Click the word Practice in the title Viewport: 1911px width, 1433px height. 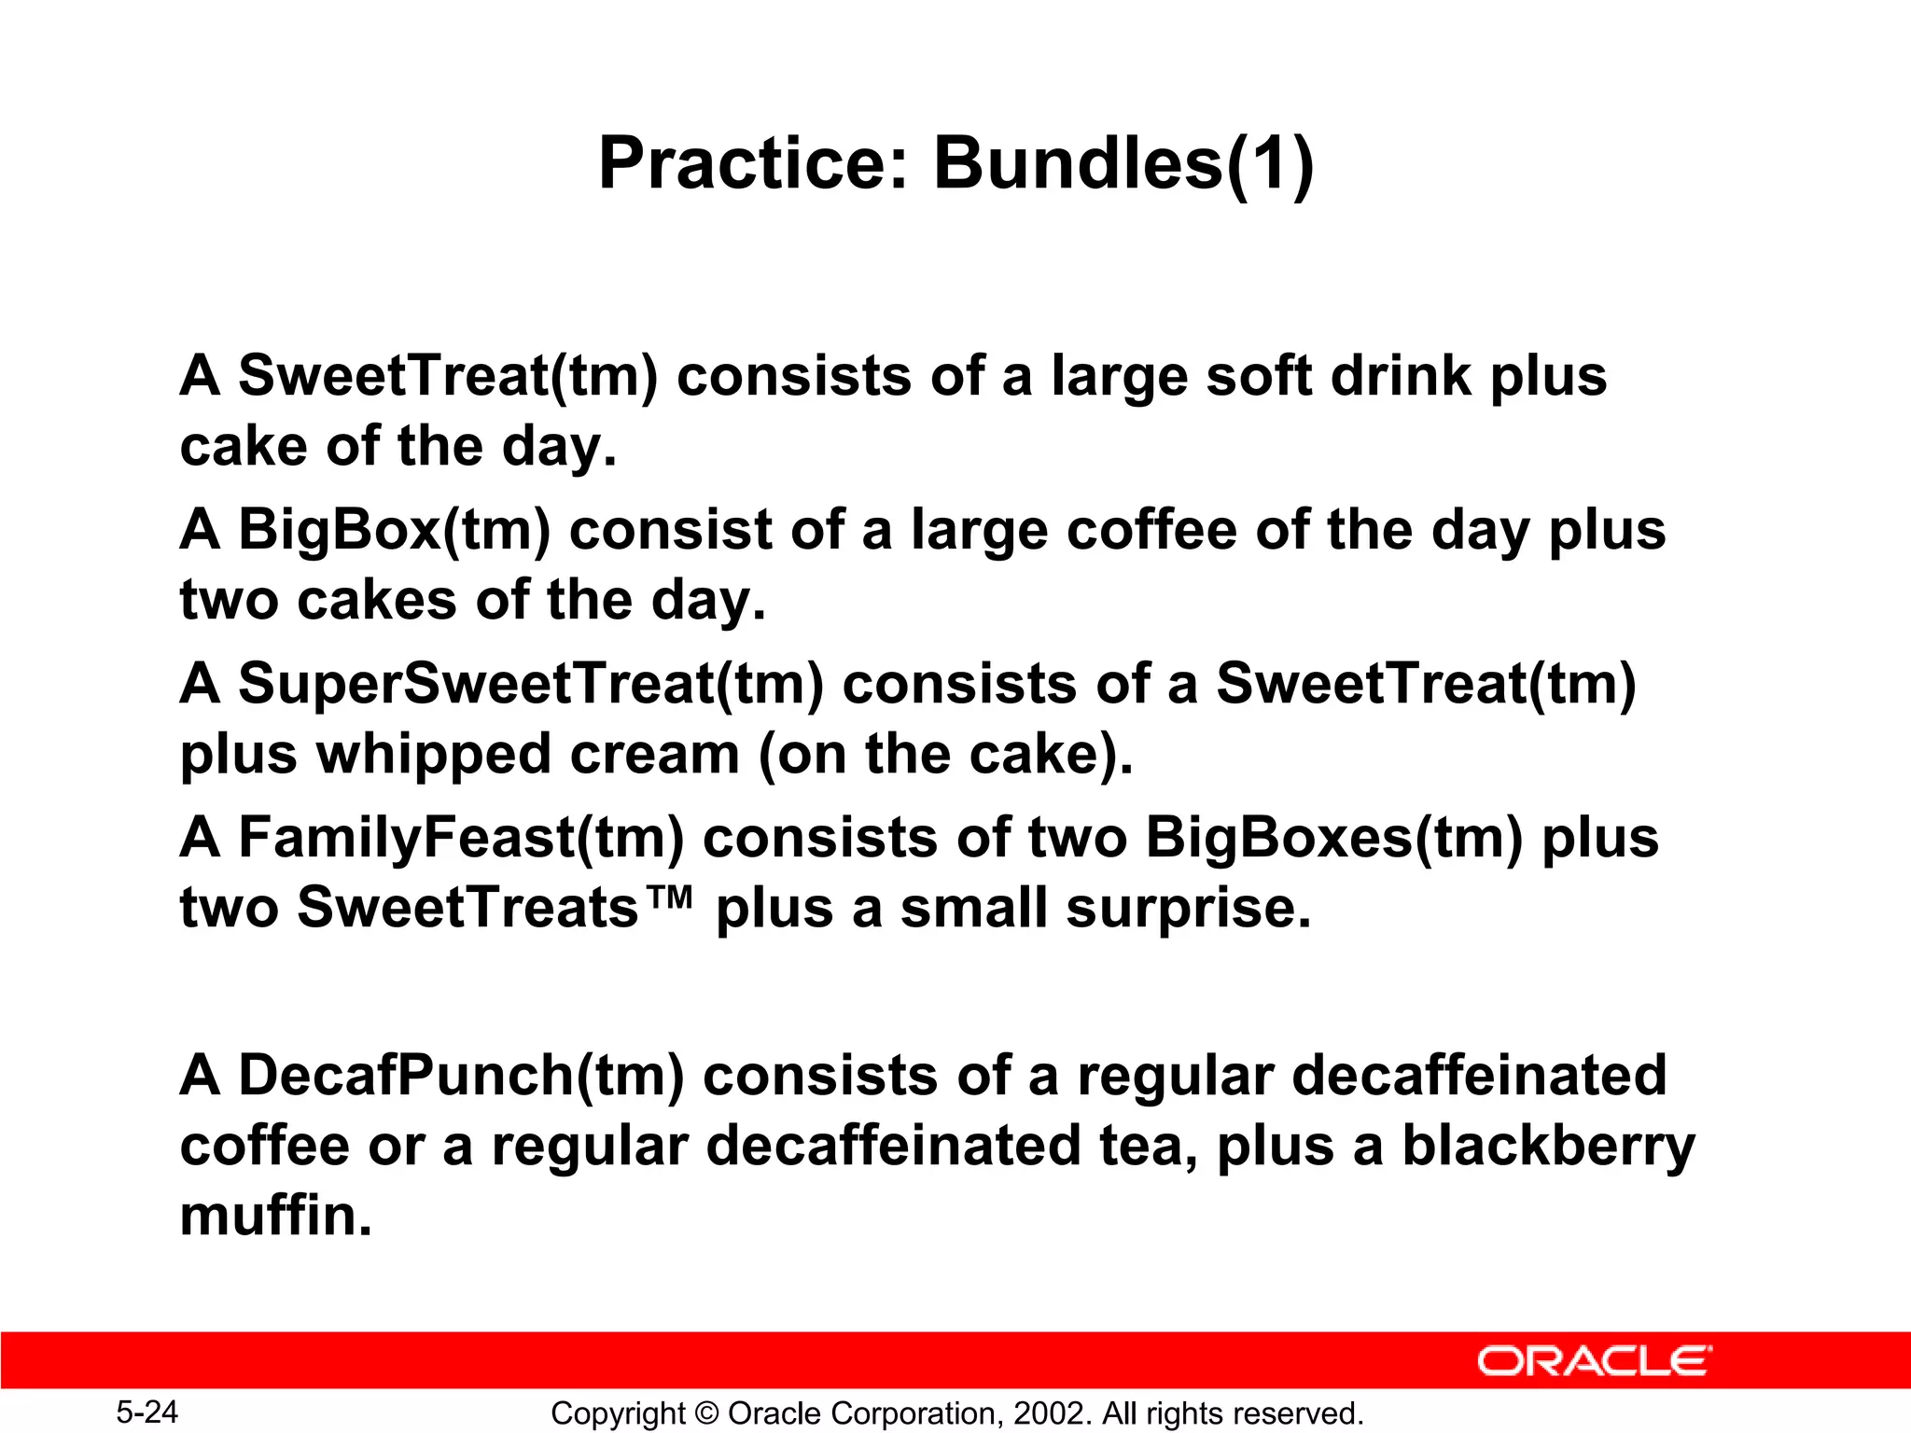point(752,164)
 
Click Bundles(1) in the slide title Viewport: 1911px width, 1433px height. point(1123,164)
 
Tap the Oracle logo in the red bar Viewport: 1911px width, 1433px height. point(1594,1361)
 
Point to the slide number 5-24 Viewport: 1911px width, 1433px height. point(146,1412)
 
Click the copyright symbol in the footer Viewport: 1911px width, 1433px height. point(707,1413)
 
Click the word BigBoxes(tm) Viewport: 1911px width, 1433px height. point(1333,838)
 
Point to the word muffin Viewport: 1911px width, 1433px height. point(275,1216)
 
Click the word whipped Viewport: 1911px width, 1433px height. point(434,754)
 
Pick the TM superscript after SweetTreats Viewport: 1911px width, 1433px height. point(668,897)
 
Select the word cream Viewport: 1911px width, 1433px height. point(654,754)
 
